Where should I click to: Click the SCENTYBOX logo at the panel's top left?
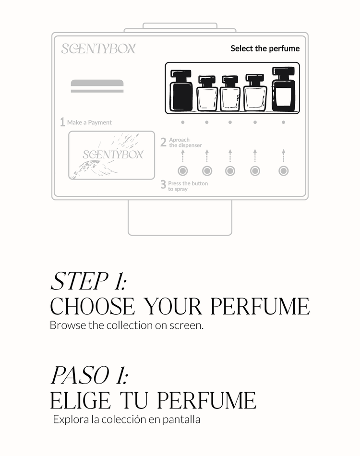coord(98,48)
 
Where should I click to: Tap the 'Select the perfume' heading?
coord(265,48)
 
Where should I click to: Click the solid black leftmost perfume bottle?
coord(181,90)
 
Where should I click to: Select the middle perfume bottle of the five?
coord(230,93)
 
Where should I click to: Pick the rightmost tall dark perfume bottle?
coord(283,89)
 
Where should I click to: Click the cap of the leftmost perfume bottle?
coord(181,73)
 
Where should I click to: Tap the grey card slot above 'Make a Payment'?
coord(97,86)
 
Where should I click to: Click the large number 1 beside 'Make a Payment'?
coord(62,122)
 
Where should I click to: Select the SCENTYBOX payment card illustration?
coord(111,155)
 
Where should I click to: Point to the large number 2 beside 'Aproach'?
coord(163,142)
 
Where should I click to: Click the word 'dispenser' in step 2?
coord(189,145)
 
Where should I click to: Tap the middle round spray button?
coord(230,171)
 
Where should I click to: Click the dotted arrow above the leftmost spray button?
coord(182,156)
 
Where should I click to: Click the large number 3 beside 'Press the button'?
coord(163,184)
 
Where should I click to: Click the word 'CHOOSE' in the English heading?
coord(93,306)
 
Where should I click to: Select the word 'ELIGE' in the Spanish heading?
coord(80,400)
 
